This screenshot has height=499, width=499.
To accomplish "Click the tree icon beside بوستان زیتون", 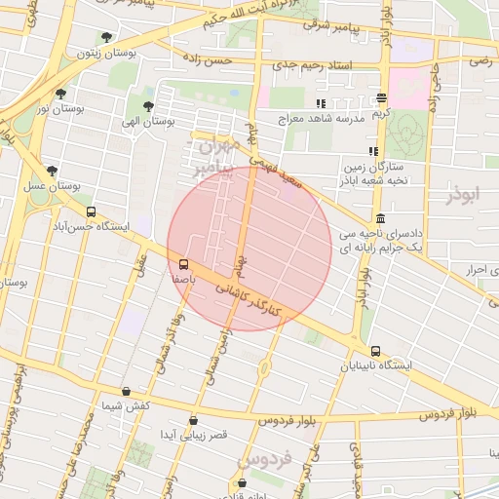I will point(106,37).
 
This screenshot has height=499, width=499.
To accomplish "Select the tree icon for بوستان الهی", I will point(148,106).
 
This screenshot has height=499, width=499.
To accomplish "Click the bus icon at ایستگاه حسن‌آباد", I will point(91,211).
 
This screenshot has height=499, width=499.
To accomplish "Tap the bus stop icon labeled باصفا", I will point(183,263).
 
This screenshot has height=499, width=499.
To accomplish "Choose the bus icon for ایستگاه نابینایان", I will point(375,351).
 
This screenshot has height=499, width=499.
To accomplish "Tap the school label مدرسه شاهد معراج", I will point(349,118).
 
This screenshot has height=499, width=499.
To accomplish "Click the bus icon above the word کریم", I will point(380,98).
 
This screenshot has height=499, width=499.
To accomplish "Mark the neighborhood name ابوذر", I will point(464,196).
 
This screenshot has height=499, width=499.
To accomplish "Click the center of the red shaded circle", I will point(249,249).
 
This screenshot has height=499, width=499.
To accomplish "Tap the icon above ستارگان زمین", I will point(372,151).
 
